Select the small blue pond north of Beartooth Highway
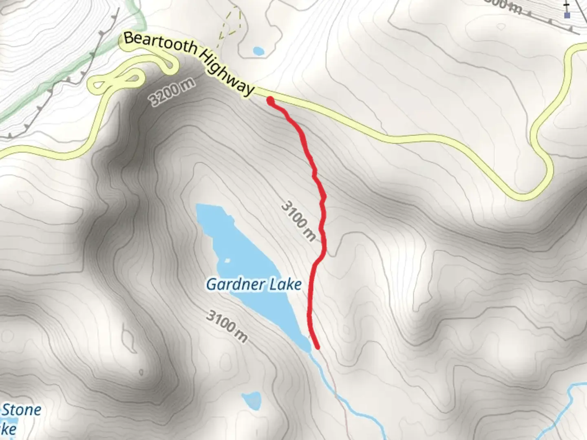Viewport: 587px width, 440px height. point(258,51)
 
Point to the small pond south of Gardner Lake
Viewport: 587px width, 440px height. point(251,400)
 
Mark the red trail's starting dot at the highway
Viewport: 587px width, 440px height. point(270,99)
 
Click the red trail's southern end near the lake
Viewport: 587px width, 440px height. point(317,347)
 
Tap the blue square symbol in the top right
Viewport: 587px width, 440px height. point(567,15)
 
